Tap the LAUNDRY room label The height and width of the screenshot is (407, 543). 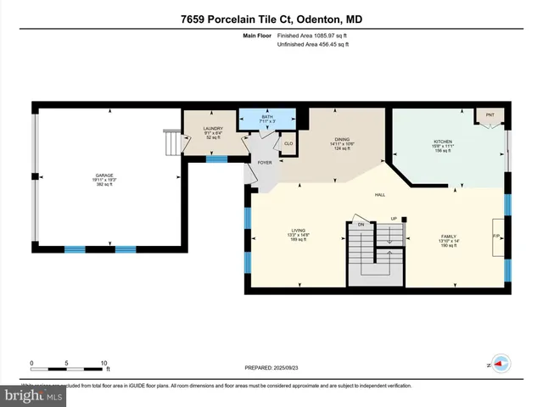213,129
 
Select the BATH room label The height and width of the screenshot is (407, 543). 266,116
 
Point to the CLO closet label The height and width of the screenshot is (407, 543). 288,143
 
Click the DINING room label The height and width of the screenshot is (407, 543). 342,140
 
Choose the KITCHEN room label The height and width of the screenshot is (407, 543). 443,142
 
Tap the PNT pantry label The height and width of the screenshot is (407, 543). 490,114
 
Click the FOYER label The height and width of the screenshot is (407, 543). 265,161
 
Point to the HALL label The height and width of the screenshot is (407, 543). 380,194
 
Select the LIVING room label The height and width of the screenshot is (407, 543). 298,230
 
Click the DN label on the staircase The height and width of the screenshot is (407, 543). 360,225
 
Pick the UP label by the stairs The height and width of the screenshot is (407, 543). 393,219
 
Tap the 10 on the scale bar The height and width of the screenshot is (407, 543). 104,363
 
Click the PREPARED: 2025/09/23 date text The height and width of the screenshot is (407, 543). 271,368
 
